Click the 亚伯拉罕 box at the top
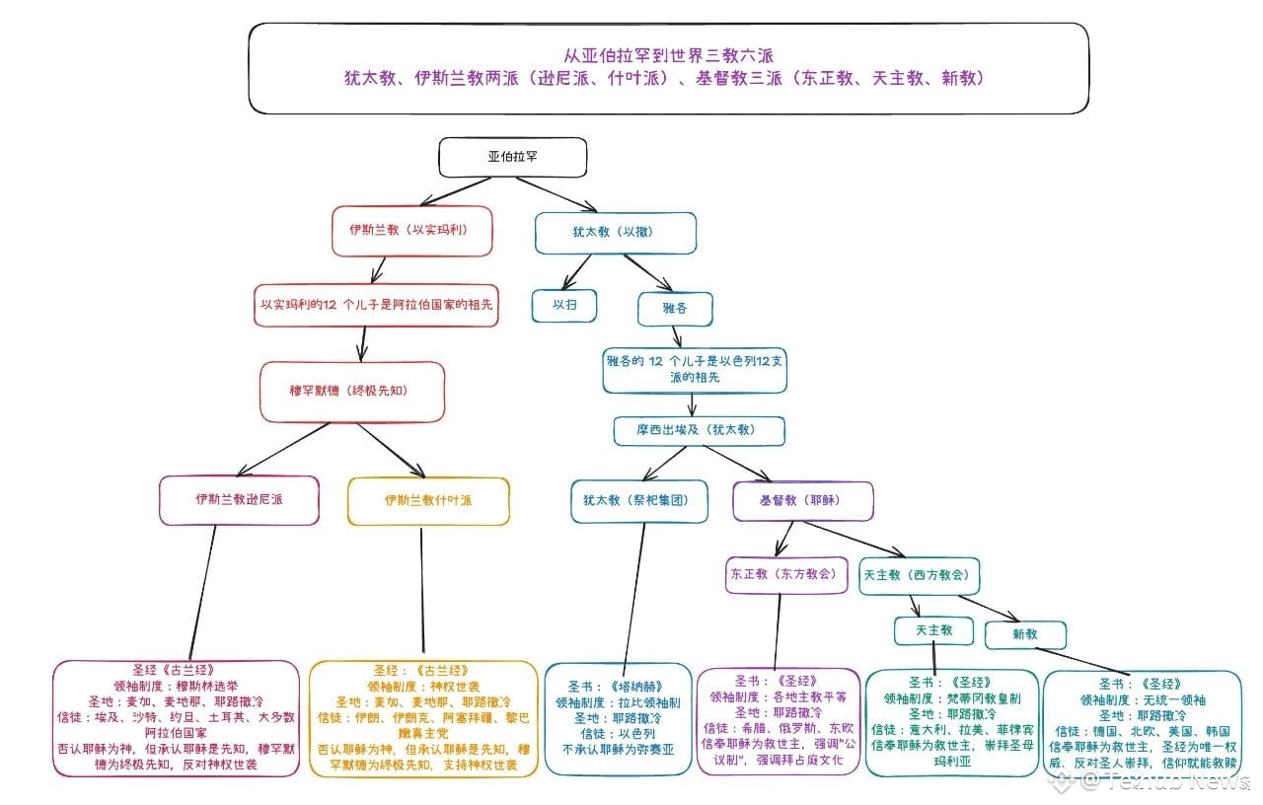[x=512, y=157]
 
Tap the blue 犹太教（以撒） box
[x=614, y=233]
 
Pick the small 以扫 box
[x=564, y=305]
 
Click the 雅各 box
[x=675, y=308]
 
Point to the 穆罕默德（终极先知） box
[x=352, y=391]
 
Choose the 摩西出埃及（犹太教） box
[x=699, y=430]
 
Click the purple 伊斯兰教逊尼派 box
[x=240, y=500]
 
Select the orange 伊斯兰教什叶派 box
[x=428, y=500]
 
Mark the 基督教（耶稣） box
[x=802, y=501]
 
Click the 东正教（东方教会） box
[x=786, y=574]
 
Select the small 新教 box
[x=1025, y=634]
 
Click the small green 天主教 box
[x=933, y=630]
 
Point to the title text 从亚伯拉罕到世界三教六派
[x=667, y=55]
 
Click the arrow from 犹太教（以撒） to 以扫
[x=576, y=269]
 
